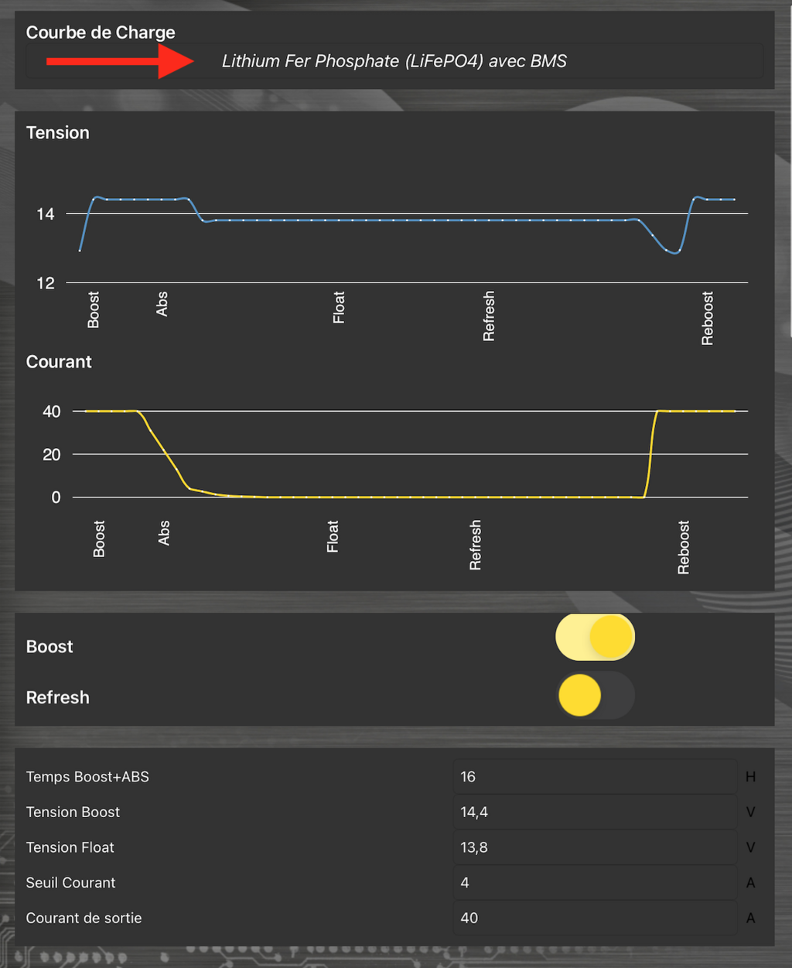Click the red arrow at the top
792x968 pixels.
point(120,61)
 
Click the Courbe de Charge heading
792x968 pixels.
point(101,32)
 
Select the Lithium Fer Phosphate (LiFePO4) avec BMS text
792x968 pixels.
point(394,61)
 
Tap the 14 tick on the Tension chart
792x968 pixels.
point(46,214)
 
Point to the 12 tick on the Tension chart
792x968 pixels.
point(46,283)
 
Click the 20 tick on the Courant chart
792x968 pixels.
point(51,455)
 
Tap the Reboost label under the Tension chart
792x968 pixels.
point(707,318)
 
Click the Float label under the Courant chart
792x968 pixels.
point(333,536)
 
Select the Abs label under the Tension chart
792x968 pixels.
point(162,304)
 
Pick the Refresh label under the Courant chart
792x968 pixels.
point(475,545)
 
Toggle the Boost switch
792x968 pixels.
point(595,638)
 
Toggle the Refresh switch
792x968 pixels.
point(595,696)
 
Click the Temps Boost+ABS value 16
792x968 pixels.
point(468,777)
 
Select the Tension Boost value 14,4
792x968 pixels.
point(474,812)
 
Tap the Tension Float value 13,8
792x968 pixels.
point(474,847)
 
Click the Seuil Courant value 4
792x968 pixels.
point(465,883)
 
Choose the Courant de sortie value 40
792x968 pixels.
point(469,918)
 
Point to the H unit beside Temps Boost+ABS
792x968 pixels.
point(750,777)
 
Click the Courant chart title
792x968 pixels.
point(59,362)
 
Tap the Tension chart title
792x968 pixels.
point(58,133)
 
